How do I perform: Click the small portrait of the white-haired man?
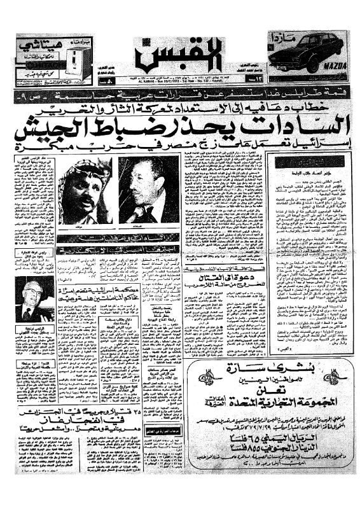[34, 299]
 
